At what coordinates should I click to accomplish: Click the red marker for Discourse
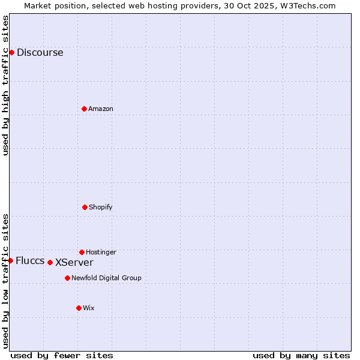point(11,52)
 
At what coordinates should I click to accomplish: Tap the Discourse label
point(40,52)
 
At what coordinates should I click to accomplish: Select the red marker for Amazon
point(84,109)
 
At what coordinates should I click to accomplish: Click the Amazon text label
point(101,109)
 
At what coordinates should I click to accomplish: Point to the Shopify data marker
point(85,207)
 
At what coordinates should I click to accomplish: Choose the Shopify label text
point(101,207)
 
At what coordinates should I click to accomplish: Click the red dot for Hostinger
point(82,252)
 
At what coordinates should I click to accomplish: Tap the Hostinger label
point(101,252)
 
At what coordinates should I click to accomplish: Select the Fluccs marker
point(10,260)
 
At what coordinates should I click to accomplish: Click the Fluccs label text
point(30,260)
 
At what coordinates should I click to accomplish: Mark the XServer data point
point(50,262)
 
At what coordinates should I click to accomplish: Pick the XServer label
point(74,262)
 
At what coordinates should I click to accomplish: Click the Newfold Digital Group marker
point(67,278)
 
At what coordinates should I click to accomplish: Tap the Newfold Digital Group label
point(106,278)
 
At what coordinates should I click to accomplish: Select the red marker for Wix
point(79,308)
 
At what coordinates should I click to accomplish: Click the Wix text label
point(89,308)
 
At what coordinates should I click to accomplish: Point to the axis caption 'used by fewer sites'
point(62,355)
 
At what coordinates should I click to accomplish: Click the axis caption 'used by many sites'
point(301,355)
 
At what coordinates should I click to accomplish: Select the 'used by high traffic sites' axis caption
point(5,85)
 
